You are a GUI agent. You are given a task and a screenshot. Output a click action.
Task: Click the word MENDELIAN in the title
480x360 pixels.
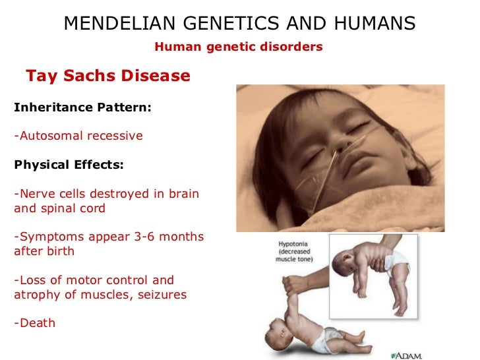[113, 24]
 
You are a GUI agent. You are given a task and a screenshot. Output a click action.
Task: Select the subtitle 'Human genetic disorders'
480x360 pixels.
[238, 47]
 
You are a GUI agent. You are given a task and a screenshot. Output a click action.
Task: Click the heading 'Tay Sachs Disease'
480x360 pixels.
[108, 76]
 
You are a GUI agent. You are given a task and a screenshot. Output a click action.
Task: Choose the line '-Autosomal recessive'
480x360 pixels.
[78, 136]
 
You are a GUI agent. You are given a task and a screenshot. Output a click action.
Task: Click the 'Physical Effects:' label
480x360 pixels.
[69, 165]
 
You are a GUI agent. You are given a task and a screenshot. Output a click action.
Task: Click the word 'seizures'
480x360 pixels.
[162, 295]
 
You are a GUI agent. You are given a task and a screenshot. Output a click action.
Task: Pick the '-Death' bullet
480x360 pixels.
[35, 324]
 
